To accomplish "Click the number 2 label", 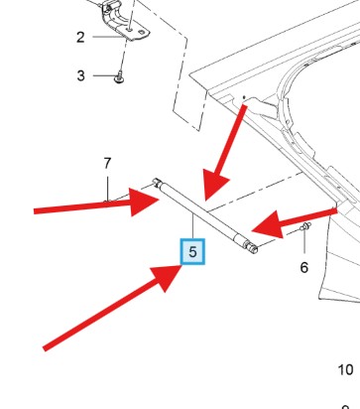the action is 80,37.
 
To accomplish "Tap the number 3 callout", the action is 81,75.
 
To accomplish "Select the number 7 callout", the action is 107,164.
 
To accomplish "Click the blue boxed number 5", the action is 192,252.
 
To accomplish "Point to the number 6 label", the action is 304,267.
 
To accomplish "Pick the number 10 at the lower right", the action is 345,369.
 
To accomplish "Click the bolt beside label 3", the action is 119,78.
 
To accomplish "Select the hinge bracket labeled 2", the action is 126,22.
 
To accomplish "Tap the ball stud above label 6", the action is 305,226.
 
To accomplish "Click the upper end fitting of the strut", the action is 157,182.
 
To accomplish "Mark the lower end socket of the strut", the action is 251,247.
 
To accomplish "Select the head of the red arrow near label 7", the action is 143,202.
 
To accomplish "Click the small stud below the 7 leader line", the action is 106,202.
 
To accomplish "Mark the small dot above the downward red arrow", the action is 244,97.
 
